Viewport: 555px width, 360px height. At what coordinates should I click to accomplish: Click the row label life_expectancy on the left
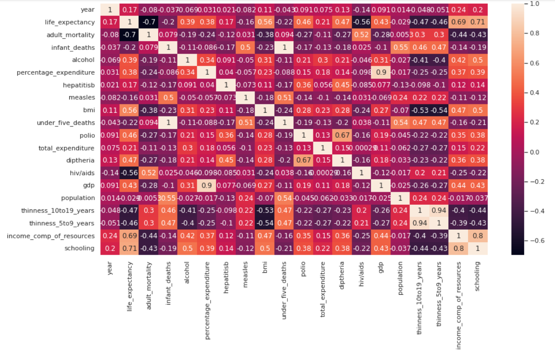pyautogui.click(x=71, y=22)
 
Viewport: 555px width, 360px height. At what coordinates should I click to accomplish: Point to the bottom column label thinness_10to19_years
pyautogui.click(x=420, y=301)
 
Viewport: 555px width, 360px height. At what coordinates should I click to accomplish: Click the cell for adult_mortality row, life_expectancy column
pyautogui.click(x=129, y=35)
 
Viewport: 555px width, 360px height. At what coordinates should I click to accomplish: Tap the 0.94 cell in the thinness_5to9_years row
pyautogui.click(x=420, y=223)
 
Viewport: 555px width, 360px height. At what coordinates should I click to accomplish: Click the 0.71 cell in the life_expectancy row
pyautogui.click(x=478, y=22)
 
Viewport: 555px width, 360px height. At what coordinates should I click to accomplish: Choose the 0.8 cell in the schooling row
pyautogui.click(x=458, y=248)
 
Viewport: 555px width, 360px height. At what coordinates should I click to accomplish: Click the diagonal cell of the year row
pyautogui.click(x=110, y=10)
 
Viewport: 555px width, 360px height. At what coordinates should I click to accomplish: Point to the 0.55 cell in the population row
pyautogui.click(x=168, y=198)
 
